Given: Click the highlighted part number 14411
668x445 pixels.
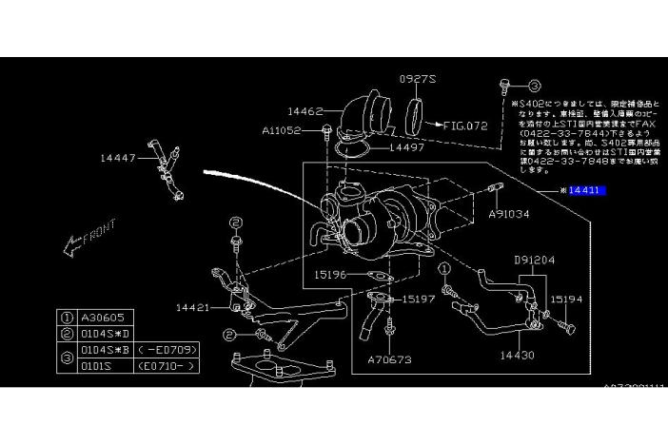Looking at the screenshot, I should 584,191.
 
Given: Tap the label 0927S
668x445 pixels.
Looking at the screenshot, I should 416,80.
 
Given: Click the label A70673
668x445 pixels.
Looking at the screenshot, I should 390,361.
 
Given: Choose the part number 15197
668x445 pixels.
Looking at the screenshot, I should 419,299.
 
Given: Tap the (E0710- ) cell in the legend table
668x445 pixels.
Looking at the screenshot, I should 167,364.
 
